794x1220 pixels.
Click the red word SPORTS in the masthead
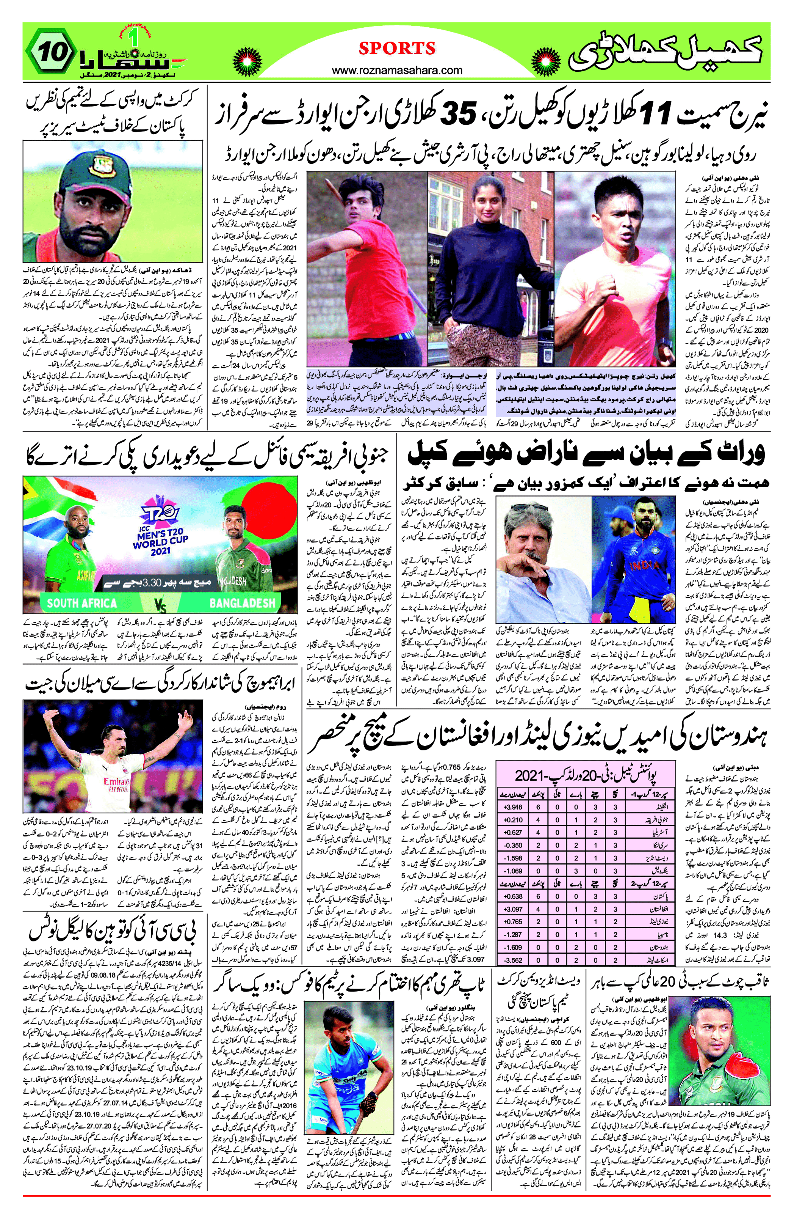(397, 48)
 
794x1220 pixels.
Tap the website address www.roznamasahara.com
(397, 70)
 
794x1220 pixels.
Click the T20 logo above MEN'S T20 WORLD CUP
(160, 516)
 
